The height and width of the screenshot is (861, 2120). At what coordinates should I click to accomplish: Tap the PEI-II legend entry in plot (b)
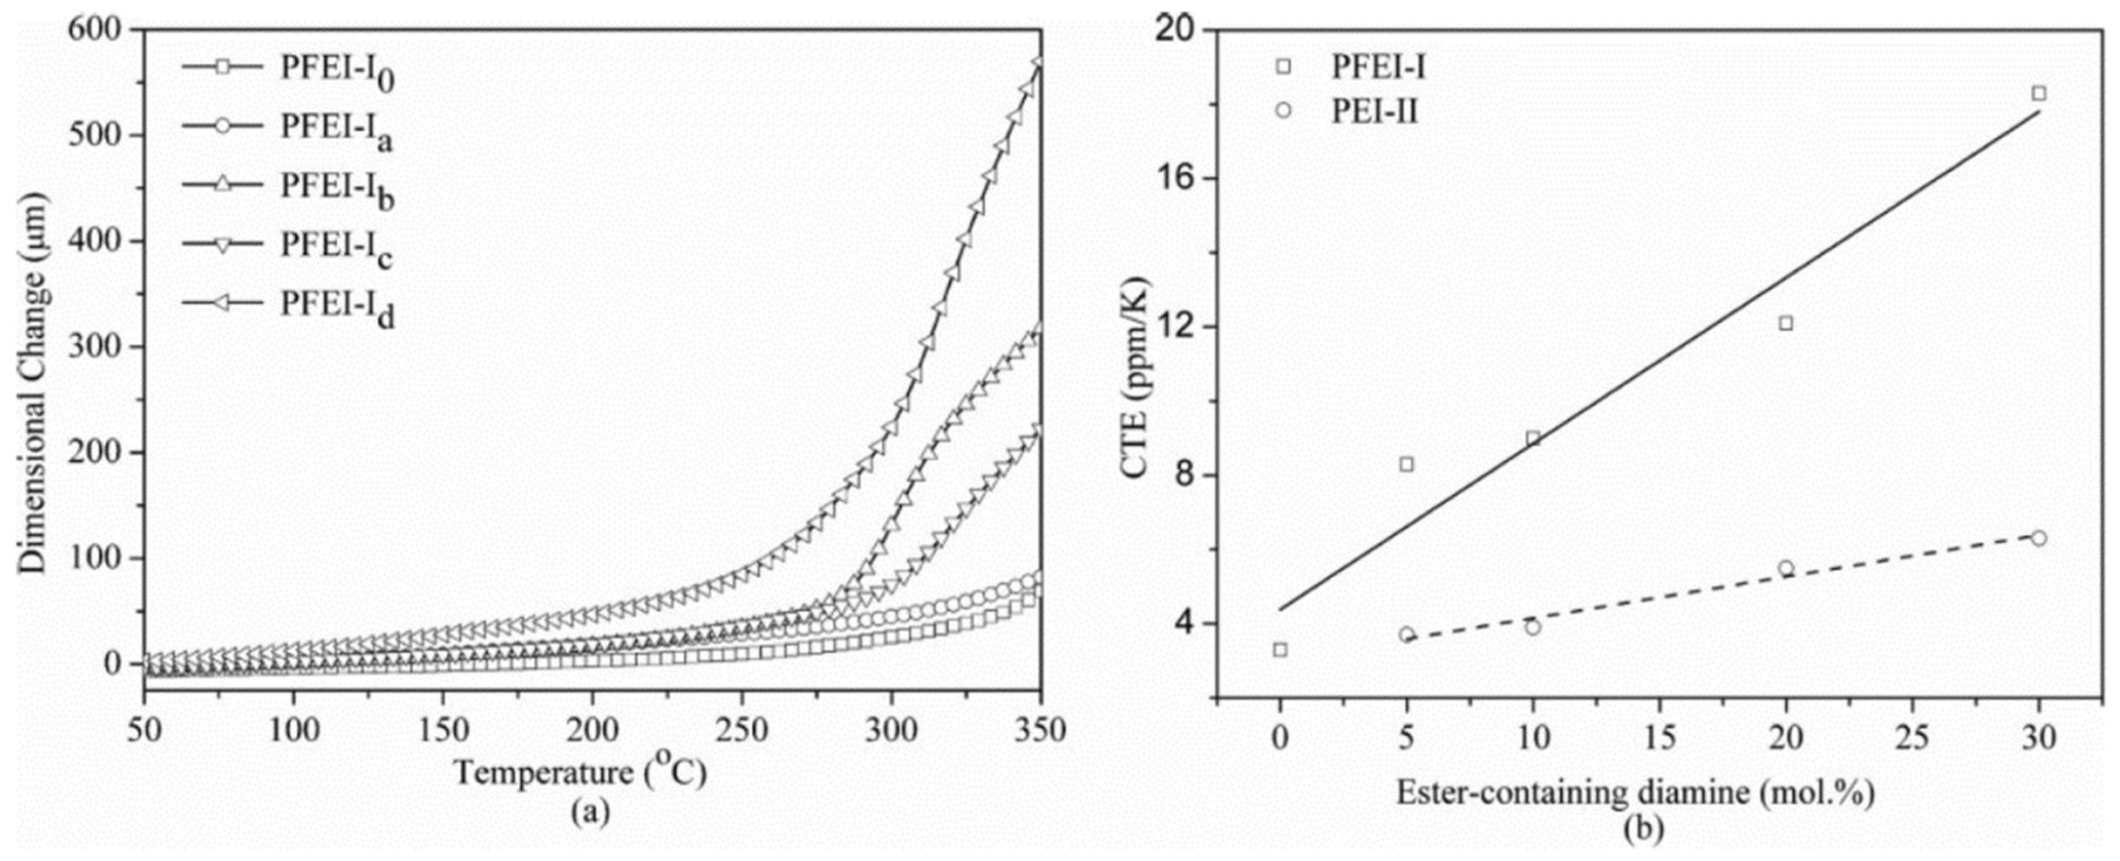(1375, 110)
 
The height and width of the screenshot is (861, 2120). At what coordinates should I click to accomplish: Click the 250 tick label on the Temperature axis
(742, 730)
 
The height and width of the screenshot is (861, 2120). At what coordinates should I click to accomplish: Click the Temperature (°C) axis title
(580, 773)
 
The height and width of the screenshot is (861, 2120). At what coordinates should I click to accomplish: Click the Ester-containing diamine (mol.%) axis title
(1636, 793)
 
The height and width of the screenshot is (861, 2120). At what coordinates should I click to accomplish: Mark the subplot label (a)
(591, 813)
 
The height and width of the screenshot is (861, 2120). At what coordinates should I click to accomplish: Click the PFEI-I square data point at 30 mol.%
(2039, 93)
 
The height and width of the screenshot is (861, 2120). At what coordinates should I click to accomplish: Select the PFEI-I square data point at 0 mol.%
(1280, 649)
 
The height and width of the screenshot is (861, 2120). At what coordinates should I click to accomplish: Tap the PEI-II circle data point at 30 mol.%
(2039, 538)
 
